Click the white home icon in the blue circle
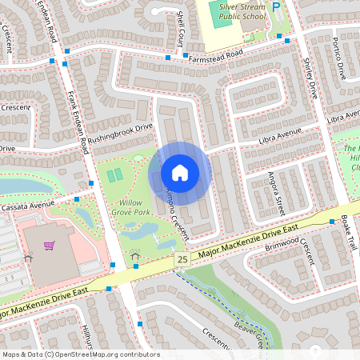point(180,173)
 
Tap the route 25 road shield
point(183,260)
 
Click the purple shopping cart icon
point(49,245)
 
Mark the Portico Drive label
point(338,57)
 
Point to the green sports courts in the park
point(115,174)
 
